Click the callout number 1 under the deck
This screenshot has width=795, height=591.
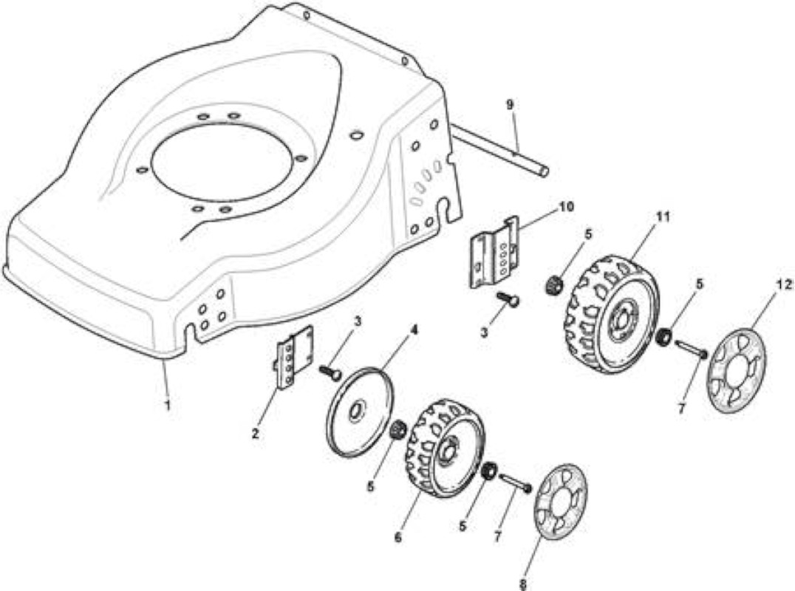point(167,405)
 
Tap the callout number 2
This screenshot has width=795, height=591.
point(255,434)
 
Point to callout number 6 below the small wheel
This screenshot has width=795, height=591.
point(397,537)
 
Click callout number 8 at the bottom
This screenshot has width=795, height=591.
point(523,584)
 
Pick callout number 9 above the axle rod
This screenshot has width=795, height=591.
point(510,105)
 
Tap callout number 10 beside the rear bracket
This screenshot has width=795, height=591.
point(566,207)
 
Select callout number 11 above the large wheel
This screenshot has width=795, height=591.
point(663,217)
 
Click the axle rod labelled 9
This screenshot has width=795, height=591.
point(500,151)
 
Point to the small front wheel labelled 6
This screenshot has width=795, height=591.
point(446,448)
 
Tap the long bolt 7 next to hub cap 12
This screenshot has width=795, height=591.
point(690,349)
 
